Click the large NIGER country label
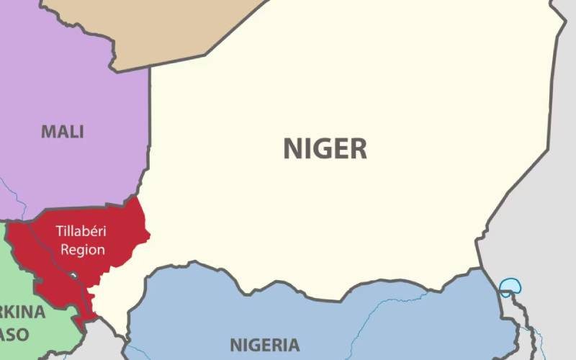pos(325,148)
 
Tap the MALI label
pos(62,132)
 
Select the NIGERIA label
pos(264,343)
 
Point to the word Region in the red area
pos(83,250)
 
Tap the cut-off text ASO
pos(14,335)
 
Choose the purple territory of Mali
pos(72,86)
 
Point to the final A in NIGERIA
pos(293,343)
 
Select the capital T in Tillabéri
pos(58,233)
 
